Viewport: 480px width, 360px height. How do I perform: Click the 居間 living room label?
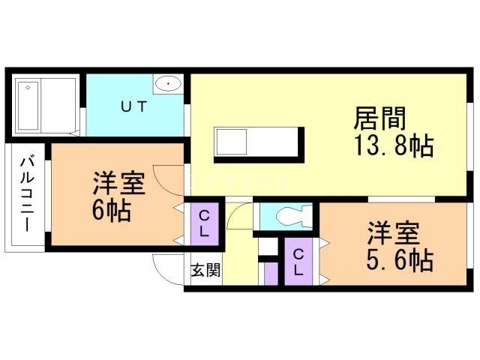pos(379,118)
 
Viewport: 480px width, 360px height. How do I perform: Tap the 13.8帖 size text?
pos(393,146)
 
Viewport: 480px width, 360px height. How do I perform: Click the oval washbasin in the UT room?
pos(168,83)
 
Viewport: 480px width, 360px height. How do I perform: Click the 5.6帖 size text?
pos(399,260)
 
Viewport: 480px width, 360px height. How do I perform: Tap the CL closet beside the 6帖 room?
pos(204,223)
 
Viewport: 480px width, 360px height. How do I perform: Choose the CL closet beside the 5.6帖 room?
pos(298,261)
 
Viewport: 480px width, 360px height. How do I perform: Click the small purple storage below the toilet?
pos(271,274)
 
